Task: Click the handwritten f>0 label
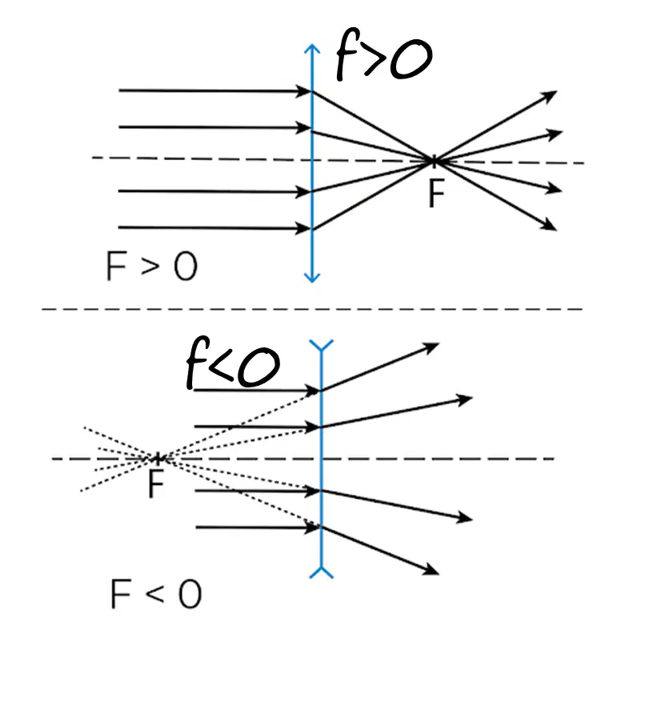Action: (384, 55)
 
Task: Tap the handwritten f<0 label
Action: (233, 363)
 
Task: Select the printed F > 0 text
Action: (152, 266)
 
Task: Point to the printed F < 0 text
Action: (156, 594)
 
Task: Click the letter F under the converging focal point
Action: (436, 194)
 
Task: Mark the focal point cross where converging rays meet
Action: (433, 161)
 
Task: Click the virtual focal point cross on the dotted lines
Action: (158, 459)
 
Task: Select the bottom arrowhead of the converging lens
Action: (312, 278)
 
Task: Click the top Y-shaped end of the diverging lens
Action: (322, 345)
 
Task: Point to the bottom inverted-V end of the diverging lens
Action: (322, 572)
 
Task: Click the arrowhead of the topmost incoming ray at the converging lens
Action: (304, 91)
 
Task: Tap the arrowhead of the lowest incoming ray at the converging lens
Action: (303, 229)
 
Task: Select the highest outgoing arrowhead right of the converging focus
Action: (549, 95)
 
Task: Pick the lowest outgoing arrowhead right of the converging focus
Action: (549, 225)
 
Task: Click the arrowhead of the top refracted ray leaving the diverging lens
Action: (431, 347)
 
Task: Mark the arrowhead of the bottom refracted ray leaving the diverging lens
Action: (431, 570)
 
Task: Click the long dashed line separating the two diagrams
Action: (312, 309)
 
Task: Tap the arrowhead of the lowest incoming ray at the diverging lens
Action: (313, 528)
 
